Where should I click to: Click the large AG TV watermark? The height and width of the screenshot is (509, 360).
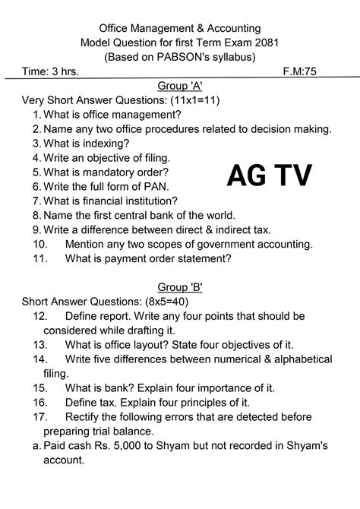[x=269, y=176]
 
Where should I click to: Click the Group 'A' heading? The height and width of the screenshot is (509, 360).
[x=180, y=85]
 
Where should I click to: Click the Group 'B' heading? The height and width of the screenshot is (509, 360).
[x=180, y=286]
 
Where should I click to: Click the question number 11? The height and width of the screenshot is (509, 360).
[x=41, y=258]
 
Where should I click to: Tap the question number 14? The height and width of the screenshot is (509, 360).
[x=41, y=359]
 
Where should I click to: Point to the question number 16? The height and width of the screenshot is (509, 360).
[x=41, y=402]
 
